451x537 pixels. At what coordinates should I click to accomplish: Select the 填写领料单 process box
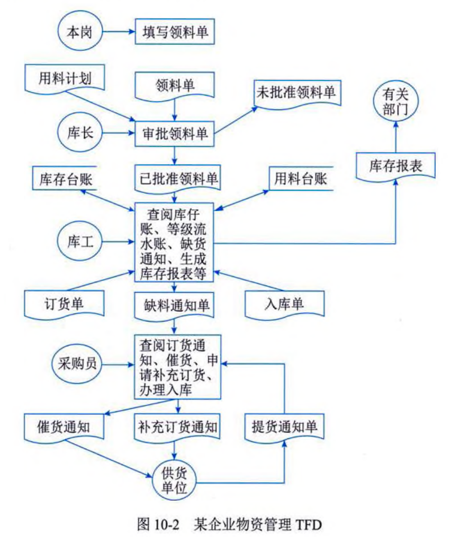[x=174, y=32]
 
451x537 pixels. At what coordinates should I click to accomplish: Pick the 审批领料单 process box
[x=174, y=133]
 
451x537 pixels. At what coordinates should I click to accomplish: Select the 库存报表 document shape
[x=395, y=166]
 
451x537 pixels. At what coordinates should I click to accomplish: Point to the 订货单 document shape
[x=64, y=303]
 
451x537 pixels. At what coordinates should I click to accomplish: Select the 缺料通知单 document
[x=174, y=305]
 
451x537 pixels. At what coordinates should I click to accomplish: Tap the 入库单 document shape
[x=286, y=303]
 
